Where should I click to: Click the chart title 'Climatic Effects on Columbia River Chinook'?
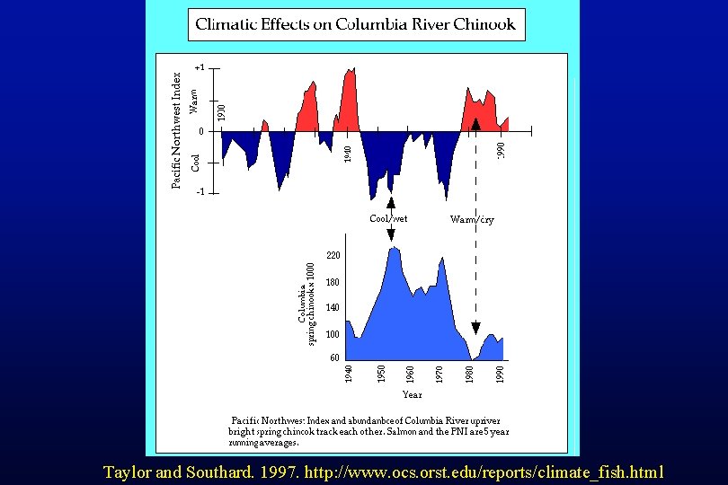(356, 24)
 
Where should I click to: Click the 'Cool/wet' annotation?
(388, 218)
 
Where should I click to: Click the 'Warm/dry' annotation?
(472, 219)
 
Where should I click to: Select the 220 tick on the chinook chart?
(333, 256)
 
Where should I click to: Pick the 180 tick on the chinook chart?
(333, 282)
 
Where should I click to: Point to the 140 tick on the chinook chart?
(333, 308)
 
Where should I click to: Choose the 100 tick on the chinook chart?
(333, 334)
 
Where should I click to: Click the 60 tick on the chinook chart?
(334, 357)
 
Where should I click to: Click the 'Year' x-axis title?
(412, 394)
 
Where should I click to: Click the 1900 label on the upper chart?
(222, 111)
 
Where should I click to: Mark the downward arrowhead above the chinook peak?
(391, 235)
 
